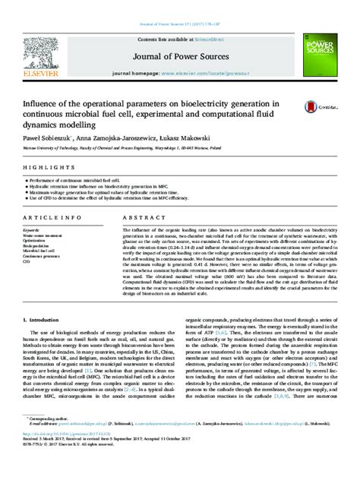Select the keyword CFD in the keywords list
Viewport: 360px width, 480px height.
[27, 260]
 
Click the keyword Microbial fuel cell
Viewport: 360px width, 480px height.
[37, 249]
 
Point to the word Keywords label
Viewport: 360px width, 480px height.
[31, 228]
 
